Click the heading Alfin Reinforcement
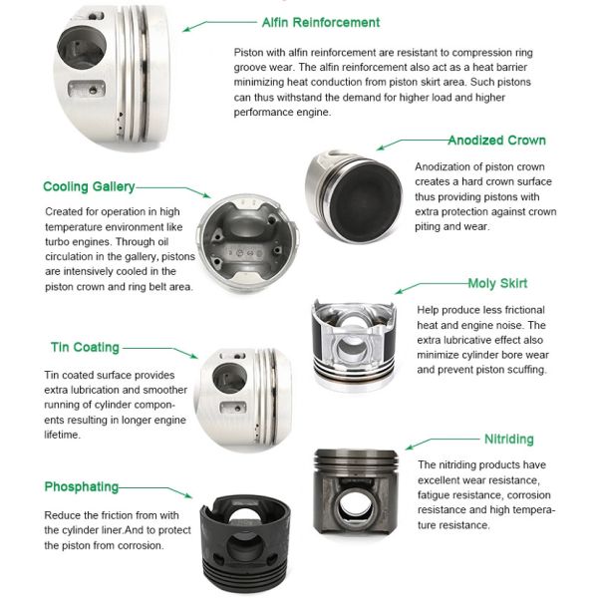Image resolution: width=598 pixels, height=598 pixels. coord(321,23)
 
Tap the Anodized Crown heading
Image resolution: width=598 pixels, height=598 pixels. coord(497,141)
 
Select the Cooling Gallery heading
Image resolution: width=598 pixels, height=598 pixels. coord(89,187)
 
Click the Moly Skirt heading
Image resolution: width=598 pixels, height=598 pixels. coord(497,283)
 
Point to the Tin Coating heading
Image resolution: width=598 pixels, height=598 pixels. coord(85,348)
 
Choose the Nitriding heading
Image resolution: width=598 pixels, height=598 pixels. coord(508,439)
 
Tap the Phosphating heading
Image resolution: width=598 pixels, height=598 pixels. coord(82,487)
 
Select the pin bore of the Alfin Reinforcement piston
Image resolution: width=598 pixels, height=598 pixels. coord(81,48)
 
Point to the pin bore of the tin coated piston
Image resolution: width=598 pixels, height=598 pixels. coord(229,378)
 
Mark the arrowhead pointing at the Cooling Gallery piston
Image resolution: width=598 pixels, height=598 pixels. coord(206,195)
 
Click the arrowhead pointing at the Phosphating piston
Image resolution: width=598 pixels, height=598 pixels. coord(187,495)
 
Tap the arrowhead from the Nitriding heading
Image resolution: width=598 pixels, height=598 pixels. coord(410,447)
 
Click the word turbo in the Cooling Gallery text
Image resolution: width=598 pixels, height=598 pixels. coord(57,242)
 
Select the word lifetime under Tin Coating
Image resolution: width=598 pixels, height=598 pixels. coord(62,435)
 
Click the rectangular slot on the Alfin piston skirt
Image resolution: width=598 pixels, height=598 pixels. coord(87,89)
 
